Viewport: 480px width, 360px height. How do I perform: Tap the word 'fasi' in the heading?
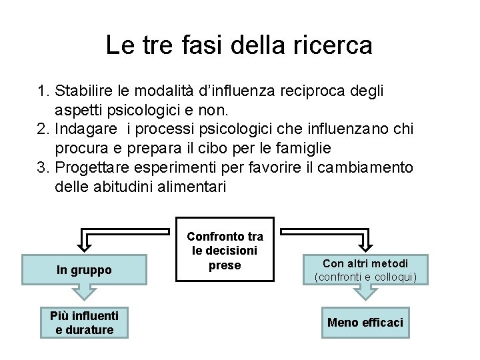point(198,45)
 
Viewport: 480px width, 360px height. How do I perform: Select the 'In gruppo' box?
point(84,270)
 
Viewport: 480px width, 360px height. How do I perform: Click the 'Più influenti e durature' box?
point(84,323)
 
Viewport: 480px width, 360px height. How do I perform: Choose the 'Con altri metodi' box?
point(365,269)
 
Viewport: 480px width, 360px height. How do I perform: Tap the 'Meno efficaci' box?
point(365,323)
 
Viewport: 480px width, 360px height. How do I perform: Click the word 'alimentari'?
point(193,187)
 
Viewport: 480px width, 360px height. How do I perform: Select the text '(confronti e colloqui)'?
point(365,277)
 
